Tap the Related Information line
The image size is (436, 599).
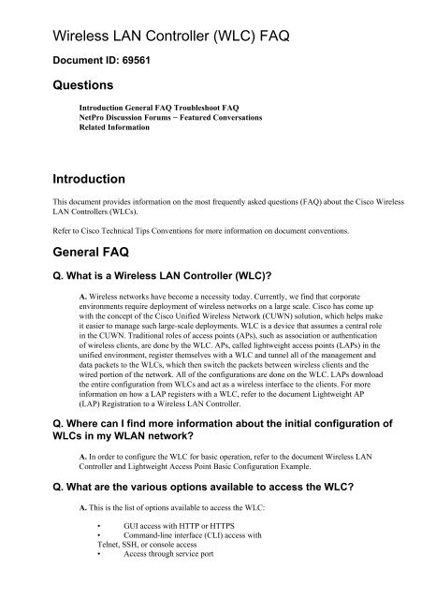click(114, 127)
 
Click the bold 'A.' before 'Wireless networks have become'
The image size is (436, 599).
click(84, 297)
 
